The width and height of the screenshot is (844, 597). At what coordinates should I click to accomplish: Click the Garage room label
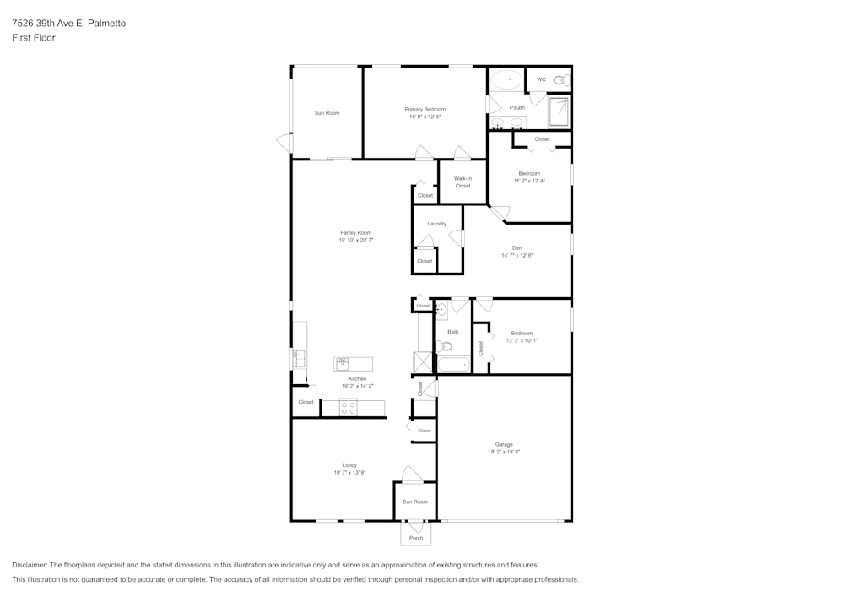pyautogui.click(x=504, y=444)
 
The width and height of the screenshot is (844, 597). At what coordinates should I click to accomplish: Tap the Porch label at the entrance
pyautogui.click(x=415, y=538)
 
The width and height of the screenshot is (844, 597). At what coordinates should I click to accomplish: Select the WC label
pyautogui.click(x=541, y=79)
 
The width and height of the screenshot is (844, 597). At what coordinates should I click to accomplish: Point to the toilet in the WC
pyautogui.click(x=561, y=80)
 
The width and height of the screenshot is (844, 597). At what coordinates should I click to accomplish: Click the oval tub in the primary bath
pyautogui.click(x=506, y=80)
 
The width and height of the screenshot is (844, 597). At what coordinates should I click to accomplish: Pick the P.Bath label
pyautogui.click(x=517, y=107)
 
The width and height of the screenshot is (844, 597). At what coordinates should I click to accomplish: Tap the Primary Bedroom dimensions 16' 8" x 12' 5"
pyautogui.click(x=425, y=117)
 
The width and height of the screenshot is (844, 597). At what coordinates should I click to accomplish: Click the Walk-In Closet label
pyautogui.click(x=463, y=182)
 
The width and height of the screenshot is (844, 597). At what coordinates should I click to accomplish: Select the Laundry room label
pyautogui.click(x=436, y=224)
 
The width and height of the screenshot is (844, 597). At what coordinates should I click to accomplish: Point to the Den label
pyautogui.click(x=517, y=247)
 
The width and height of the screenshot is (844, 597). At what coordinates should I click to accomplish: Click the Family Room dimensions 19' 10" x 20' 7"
pyautogui.click(x=356, y=240)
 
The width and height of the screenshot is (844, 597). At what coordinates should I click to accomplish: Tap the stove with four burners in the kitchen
pyautogui.click(x=349, y=408)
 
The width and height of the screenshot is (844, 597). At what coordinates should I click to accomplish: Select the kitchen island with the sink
pyautogui.click(x=353, y=364)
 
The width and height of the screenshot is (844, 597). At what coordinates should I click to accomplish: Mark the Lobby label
pyautogui.click(x=349, y=465)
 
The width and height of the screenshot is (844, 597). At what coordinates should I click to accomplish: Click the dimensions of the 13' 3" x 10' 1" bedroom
pyautogui.click(x=522, y=340)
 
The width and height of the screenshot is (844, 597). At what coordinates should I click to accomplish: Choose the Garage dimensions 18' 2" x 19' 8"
pyautogui.click(x=504, y=452)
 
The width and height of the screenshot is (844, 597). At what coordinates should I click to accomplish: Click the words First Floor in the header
pyautogui.click(x=34, y=38)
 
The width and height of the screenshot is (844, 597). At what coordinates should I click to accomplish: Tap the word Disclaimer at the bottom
pyautogui.click(x=30, y=565)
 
